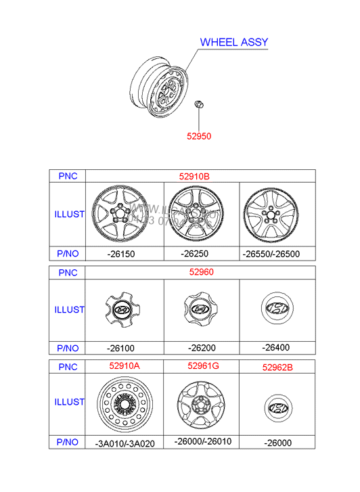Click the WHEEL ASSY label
pos(234,42)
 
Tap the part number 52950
pos(200,136)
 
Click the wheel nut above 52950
pos(200,105)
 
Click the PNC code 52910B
pos(194,176)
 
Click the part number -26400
pos(275,348)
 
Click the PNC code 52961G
pos(202,366)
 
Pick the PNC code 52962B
pos(277,367)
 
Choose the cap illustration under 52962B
pos(277,408)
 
